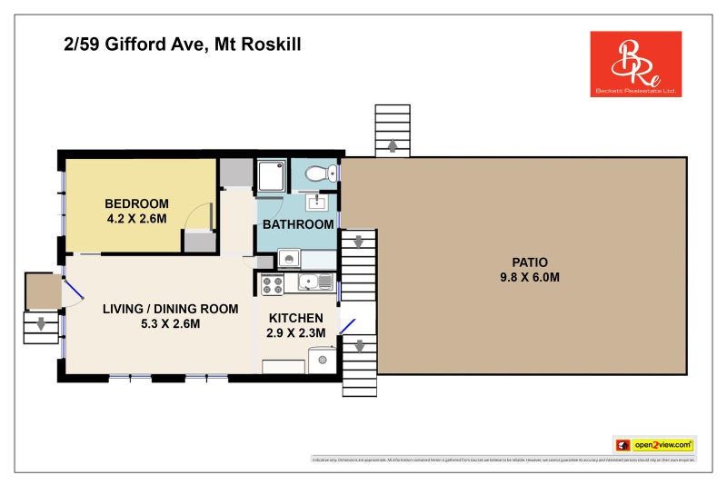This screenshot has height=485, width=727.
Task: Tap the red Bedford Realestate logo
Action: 635,64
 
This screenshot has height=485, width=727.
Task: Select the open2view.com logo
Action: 654,445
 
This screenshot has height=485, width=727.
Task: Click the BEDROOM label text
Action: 136,203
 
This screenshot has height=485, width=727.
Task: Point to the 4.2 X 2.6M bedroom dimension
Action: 136,218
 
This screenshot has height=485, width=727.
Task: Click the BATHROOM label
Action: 298,224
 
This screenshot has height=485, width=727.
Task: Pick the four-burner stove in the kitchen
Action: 273,284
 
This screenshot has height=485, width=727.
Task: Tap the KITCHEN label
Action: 294,318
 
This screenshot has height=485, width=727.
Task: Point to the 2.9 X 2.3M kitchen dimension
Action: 294,332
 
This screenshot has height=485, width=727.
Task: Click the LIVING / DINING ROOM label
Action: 157,309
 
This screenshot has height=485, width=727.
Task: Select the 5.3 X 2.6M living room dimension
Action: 157,324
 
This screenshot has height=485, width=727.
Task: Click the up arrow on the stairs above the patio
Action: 393,145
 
